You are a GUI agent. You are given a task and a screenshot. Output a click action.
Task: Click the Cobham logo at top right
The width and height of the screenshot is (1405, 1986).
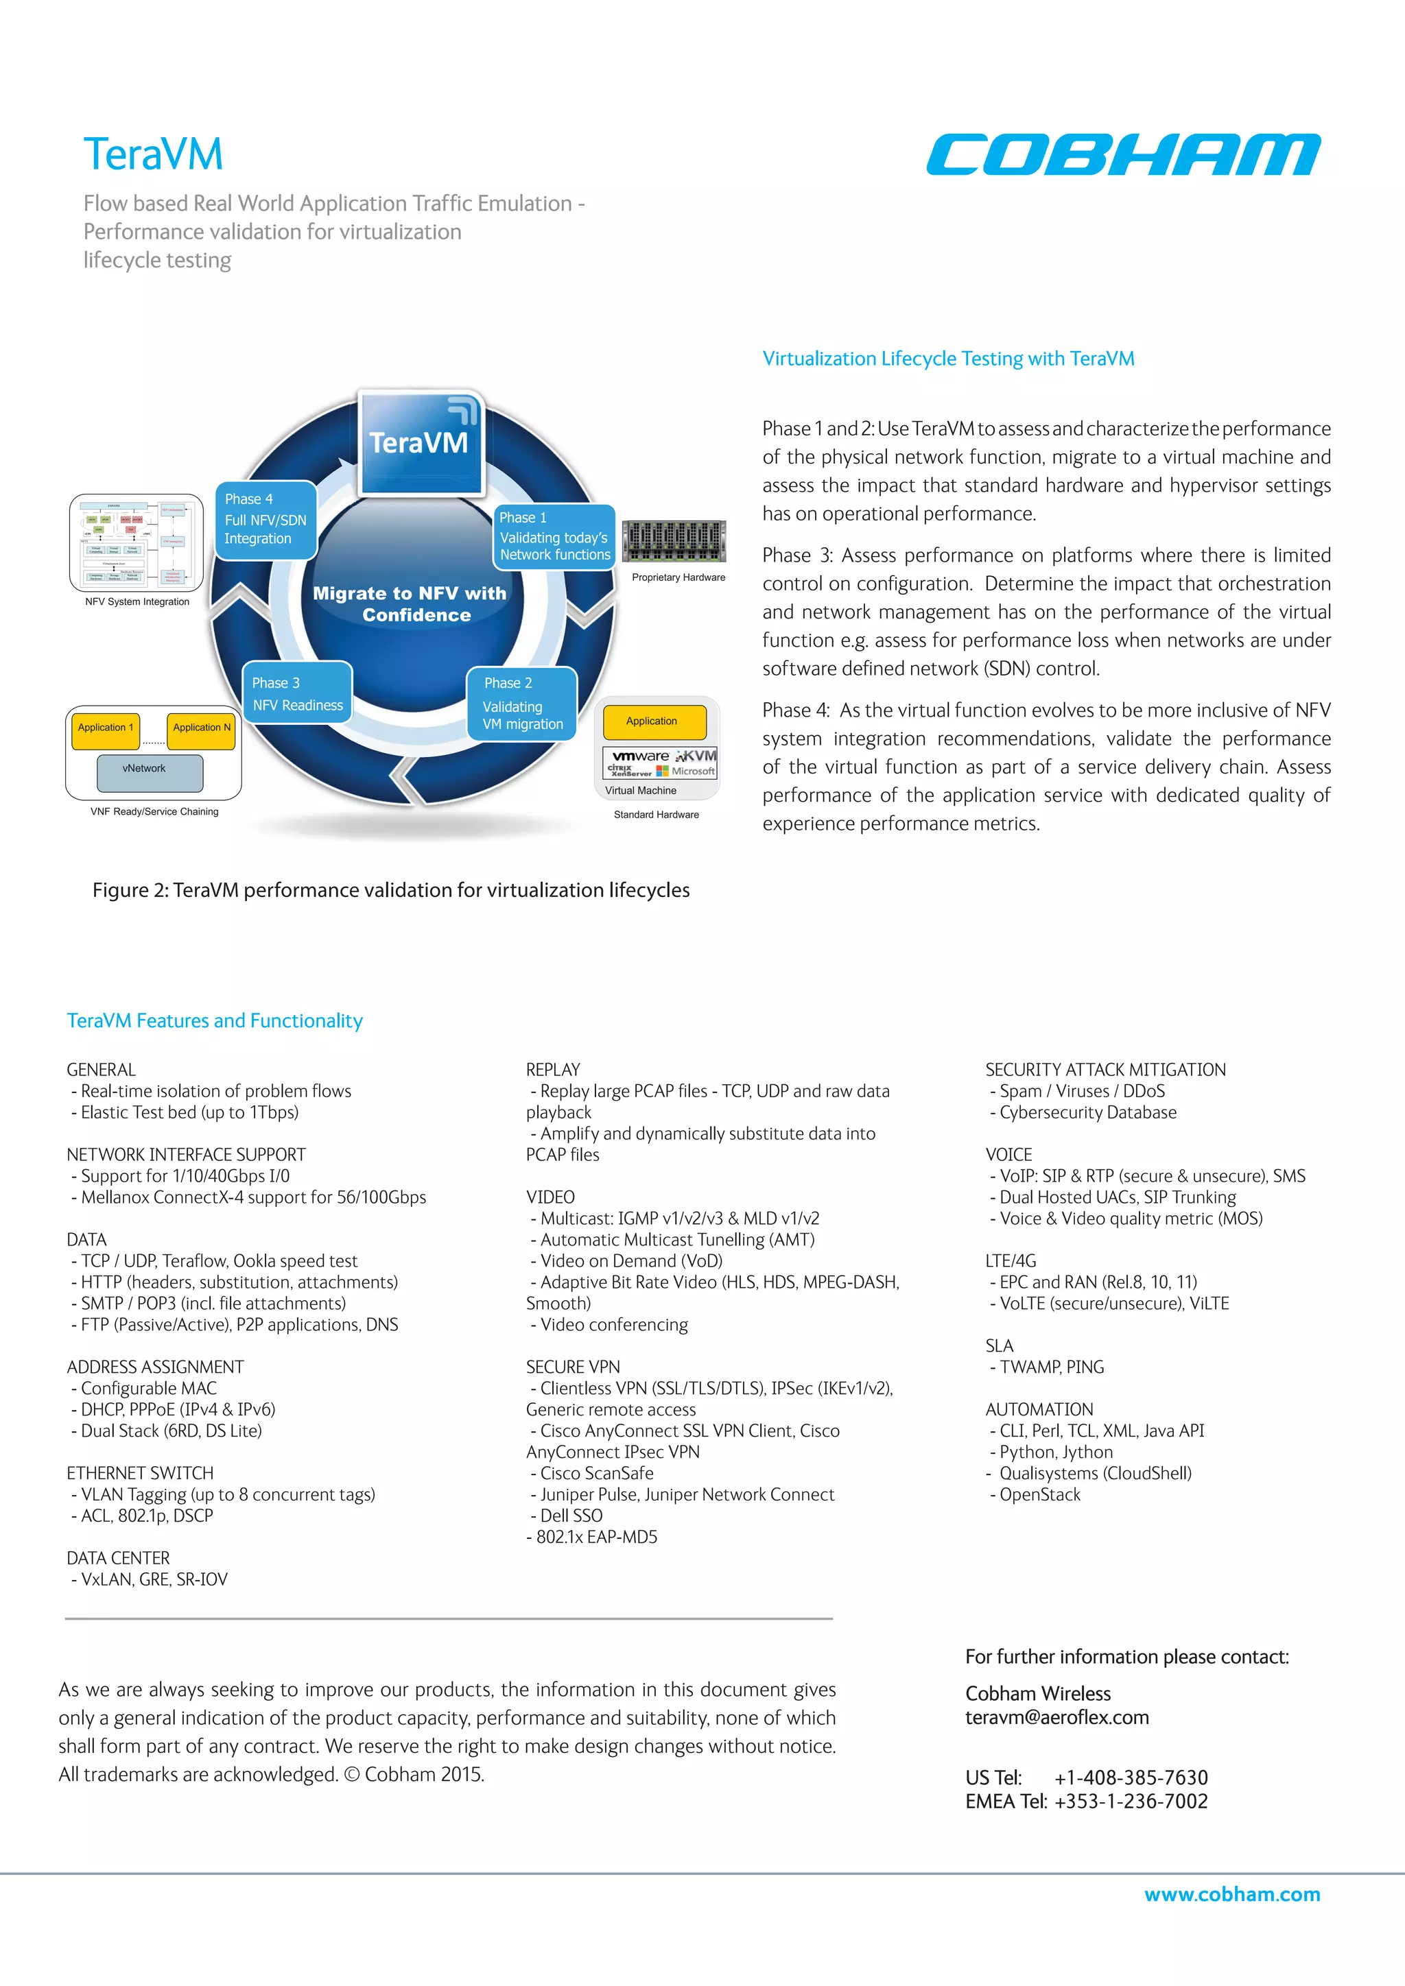1122,155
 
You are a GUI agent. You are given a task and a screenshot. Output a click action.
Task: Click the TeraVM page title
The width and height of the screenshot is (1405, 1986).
153,155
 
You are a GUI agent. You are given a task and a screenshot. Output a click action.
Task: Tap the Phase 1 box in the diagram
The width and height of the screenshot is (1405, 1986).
554,536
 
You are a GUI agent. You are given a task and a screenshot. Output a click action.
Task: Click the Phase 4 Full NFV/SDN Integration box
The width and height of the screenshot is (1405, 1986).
265,520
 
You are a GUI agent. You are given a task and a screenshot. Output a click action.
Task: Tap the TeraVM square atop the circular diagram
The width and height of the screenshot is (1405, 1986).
420,442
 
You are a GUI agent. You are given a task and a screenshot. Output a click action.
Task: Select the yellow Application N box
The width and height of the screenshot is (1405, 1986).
202,728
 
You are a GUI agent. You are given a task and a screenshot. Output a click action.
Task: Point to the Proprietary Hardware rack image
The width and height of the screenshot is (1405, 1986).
674,542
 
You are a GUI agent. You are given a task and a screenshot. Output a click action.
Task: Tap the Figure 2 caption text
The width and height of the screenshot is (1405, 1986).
391,890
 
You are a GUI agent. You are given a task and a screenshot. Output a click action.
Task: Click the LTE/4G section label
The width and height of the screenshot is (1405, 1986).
1011,1261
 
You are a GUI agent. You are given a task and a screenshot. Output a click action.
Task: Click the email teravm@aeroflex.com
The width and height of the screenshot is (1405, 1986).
1057,1718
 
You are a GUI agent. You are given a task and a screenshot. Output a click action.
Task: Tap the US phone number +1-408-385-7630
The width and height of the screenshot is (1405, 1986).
1131,1778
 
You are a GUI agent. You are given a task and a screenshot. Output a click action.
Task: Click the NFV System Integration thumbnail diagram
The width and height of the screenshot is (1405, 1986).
136,543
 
